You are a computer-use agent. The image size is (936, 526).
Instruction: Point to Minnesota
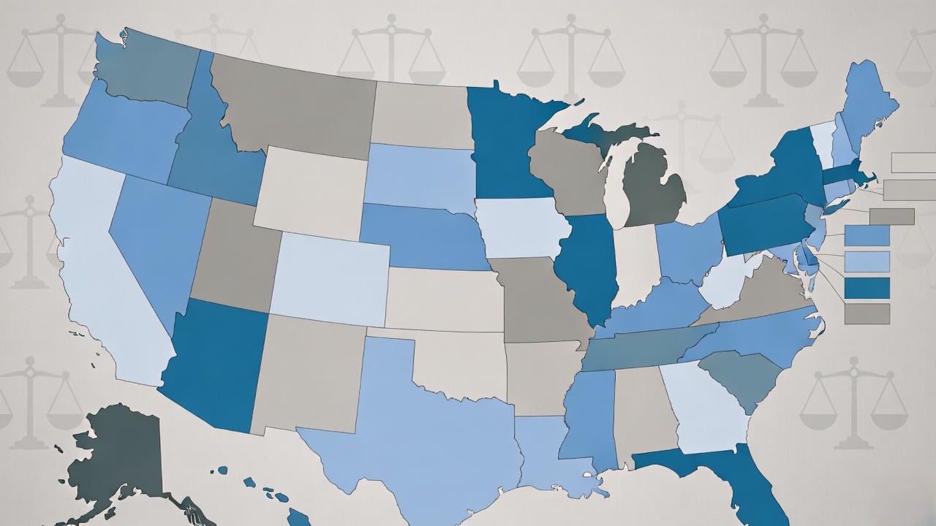pos(505,146)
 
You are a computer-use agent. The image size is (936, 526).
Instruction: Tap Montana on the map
pos(292,102)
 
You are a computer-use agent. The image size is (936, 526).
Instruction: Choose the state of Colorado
pos(333,278)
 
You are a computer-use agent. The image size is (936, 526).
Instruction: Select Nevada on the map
pos(157,241)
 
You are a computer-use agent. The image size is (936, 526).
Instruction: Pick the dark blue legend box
pos(867,288)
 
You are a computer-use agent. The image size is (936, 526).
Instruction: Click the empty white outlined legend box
pos(913,162)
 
